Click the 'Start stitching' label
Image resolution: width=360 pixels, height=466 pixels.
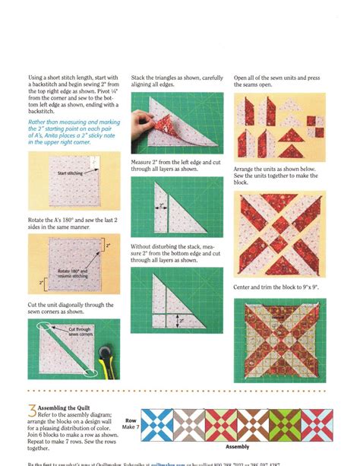(x=72, y=174)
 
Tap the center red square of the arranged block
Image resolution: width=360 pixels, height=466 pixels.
(x=280, y=236)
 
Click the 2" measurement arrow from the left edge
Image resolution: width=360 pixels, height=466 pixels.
(x=162, y=205)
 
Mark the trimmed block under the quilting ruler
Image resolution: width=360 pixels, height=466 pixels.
(x=280, y=341)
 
